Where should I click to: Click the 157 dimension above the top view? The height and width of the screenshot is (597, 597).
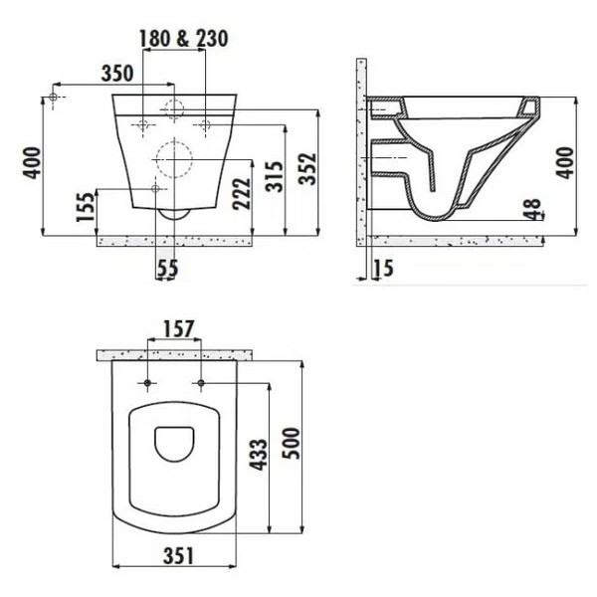coord(175,328)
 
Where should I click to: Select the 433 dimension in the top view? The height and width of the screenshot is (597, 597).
coord(256,460)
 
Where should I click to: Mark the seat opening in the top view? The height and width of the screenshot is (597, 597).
coord(175,446)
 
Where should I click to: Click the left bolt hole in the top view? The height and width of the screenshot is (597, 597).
coord(147,383)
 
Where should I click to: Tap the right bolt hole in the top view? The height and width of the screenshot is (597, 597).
coord(202,383)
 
